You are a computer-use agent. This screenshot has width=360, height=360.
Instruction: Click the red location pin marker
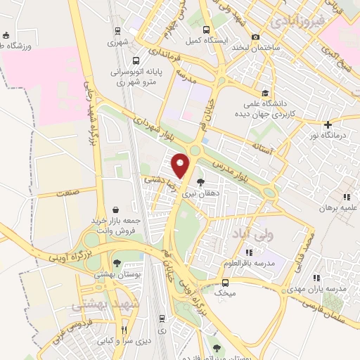181,164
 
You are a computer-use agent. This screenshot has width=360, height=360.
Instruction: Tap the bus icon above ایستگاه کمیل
206,30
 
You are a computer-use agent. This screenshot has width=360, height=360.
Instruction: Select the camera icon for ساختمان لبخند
255,37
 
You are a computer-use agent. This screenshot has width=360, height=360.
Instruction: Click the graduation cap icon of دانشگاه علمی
265,93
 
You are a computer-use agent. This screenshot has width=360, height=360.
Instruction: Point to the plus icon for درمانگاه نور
328,124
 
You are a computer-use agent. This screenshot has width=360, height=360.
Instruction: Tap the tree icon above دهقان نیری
200,181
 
